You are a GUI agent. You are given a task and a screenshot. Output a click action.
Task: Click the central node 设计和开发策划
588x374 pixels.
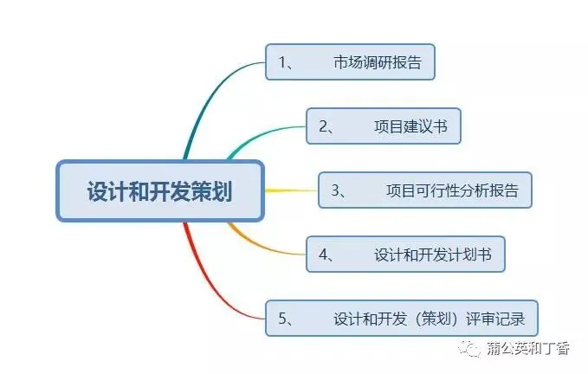pyautogui.click(x=160, y=190)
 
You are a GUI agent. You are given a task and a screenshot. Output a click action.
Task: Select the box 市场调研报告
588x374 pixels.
pyautogui.click(x=349, y=62)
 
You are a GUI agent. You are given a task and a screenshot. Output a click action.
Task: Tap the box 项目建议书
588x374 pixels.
pyautogui.click(x=384, y=126)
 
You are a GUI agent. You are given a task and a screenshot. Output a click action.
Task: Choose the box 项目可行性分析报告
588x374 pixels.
pyautogui.click(x=424, y=190)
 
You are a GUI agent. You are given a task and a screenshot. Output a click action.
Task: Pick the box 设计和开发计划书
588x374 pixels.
pyautogui.click(x=404, y=255)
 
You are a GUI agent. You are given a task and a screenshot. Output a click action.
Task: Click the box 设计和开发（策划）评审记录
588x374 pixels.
pyautogui.click(x=401, y=318)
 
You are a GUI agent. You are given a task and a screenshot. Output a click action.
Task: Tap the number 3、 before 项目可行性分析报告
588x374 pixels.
pyautogui.click(x=339, y=190)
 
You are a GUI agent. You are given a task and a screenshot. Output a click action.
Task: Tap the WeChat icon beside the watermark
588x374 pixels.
pyautogui.click(x=472, y=349)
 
